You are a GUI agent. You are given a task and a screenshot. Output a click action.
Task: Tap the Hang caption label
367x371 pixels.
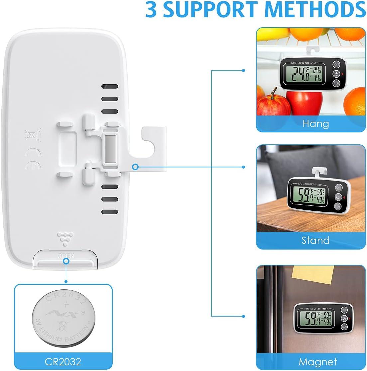315,124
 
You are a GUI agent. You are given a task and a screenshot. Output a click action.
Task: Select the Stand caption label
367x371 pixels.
315,240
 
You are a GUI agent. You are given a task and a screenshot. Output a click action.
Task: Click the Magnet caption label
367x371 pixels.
317,361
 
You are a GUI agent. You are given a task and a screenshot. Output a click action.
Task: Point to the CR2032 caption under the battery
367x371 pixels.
63,361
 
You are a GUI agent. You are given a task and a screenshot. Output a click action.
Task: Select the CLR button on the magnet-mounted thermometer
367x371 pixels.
344,327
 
